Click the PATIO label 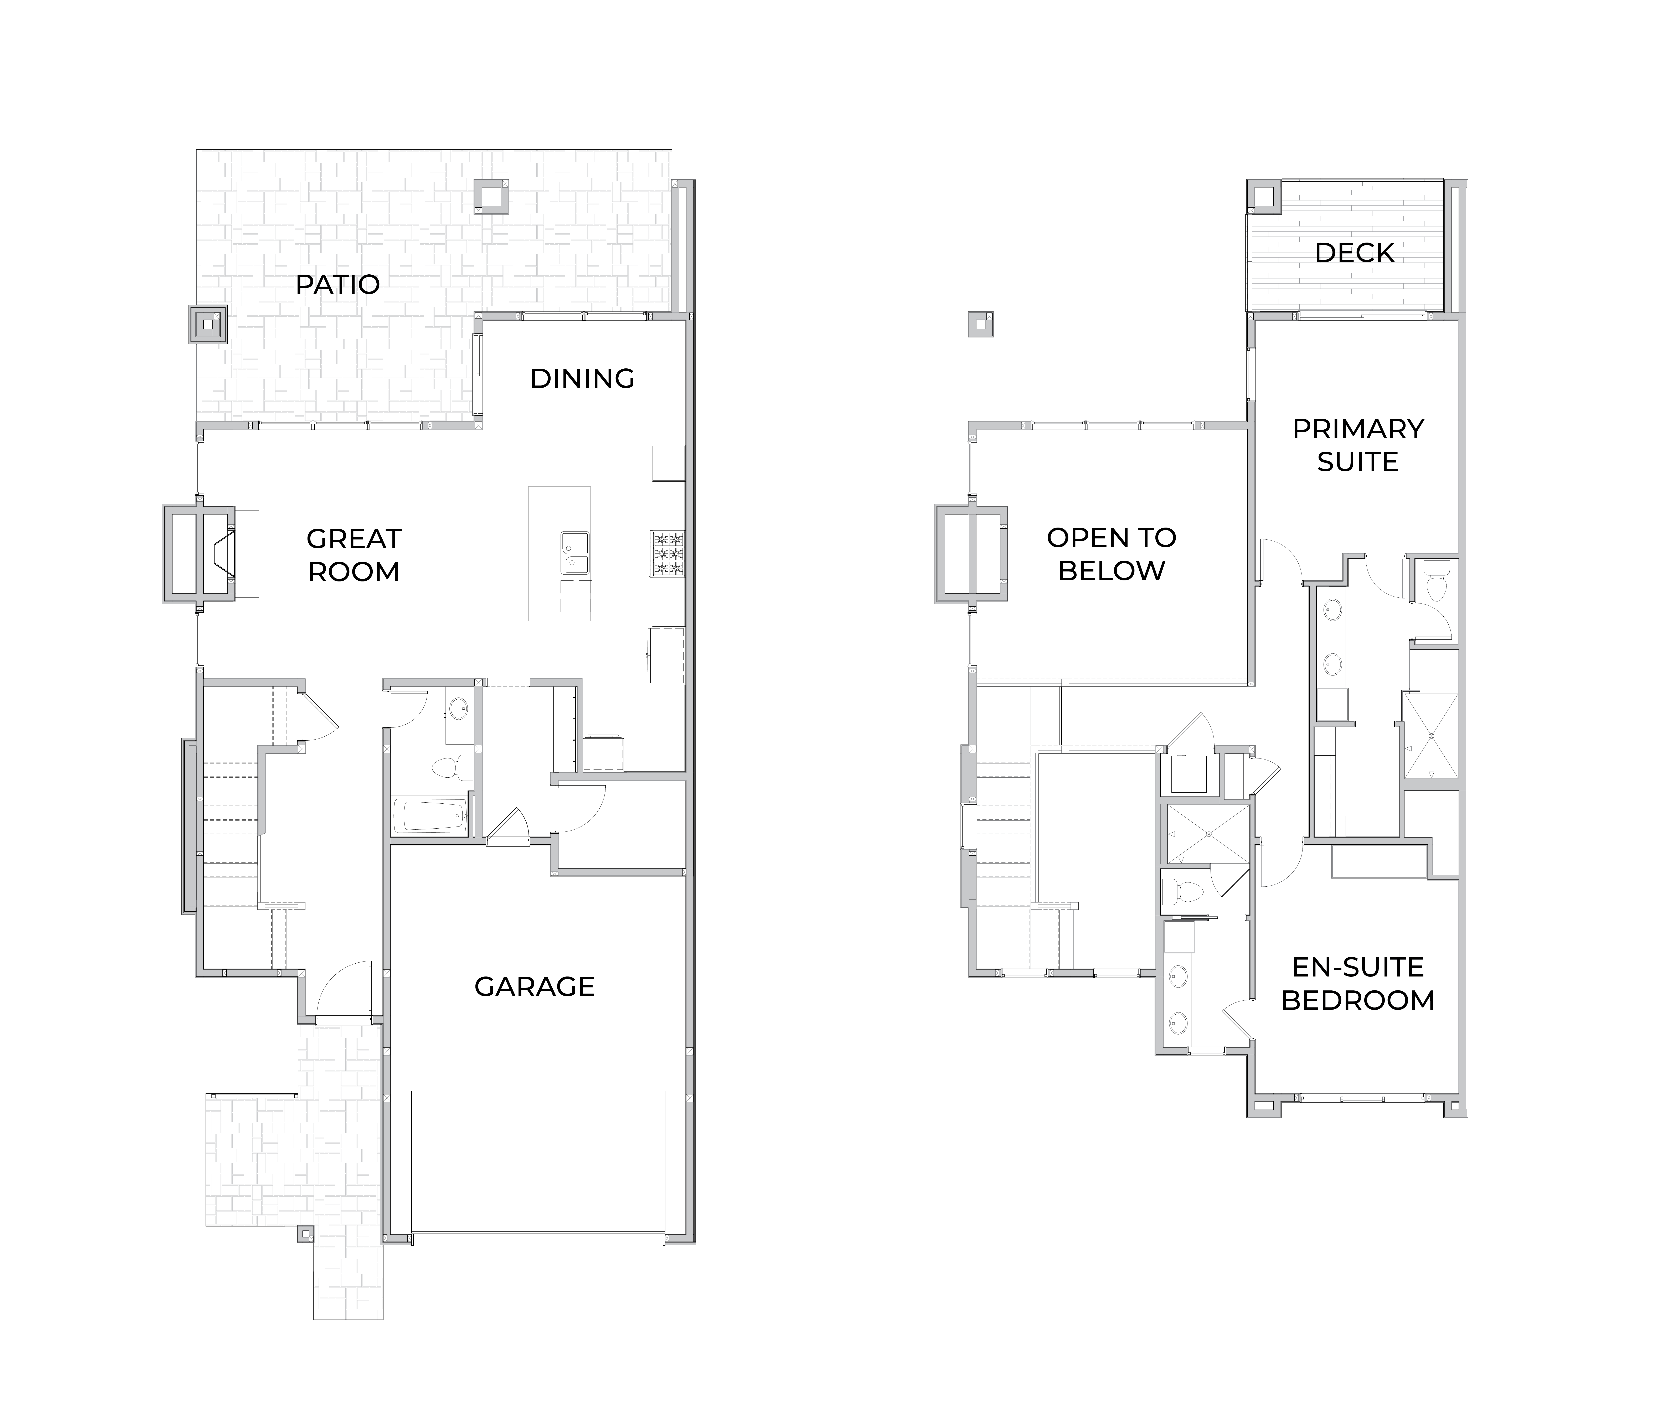pyautogui.click(x=337, y=284)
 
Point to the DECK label pyautogui.click(x=1354, y=253)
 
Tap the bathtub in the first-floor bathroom pyautogui.click(x=431, y=817)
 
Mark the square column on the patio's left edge pyautogui.click(x=208, y=325)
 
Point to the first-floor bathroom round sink pyautogui.click(x=458, y=708)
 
